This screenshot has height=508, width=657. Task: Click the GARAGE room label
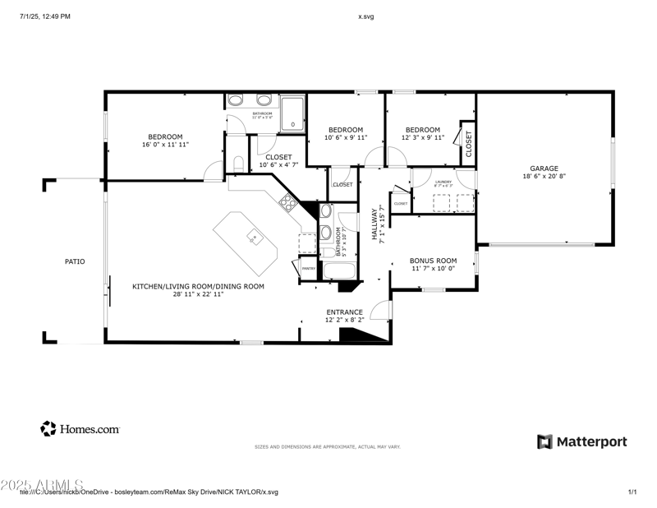pyautogui.click(x=544, y=169)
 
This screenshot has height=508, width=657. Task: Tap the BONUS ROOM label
pyautogui.click(x=433, y=261)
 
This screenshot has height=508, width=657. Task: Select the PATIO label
pyautogui.click(x=75, y=261)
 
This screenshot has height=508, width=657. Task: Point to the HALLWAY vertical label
pyautogui.click(x=374, y=224)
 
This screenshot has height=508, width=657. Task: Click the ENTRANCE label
pyautogui.click(x=344, y=312)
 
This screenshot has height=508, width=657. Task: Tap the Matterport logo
pyautogui.click(x=581, y=441)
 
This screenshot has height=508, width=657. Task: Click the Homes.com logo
pyautogui.click(x=80, y=428)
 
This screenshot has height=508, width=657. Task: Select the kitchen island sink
pyautogui.click(x=255, y=239)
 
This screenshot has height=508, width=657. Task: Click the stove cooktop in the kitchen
pyautogui.click(x=288, y=201)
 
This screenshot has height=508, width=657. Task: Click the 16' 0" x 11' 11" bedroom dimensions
pyautogui.click(x=165, y=145)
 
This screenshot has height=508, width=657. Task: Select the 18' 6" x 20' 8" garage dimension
pyautogui.click(x=544, y=176)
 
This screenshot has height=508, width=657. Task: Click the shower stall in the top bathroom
pyautogui.click(x=292, y=113)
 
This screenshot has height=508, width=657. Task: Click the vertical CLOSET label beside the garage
pyautogui.click(x=469, y=144)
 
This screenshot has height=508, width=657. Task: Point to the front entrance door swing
pyautogui.click(x=380, y=310)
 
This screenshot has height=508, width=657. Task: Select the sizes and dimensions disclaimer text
pyautogui.click(x=327, y=446)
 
